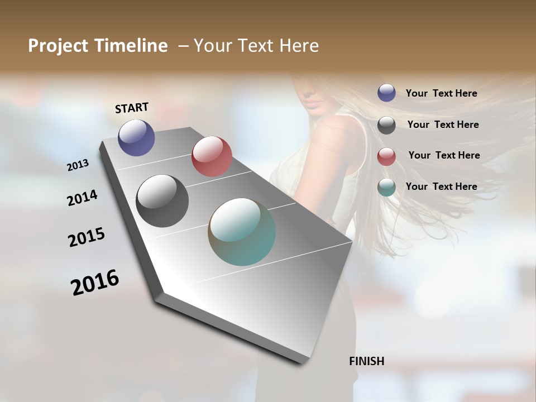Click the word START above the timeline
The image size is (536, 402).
tap(132, 108)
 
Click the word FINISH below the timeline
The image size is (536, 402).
tap(366, 361)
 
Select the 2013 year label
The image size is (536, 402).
tap(78, 165)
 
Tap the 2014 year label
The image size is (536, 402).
tap(82, 198)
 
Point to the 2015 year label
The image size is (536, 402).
tap(87, 237)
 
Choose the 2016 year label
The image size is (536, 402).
tap(95, 282)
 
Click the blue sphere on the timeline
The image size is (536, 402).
tap(136, 137)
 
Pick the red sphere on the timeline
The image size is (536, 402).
tap(212, 156)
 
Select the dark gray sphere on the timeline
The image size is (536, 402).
tap(162, 201)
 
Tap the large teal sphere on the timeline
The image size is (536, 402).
tap(242, 232)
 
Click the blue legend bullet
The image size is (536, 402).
tap(386, 93)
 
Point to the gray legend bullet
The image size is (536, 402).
tap(386, 125)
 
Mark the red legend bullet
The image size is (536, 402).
tap(386, 156)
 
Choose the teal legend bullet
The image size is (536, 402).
tap(386, 187)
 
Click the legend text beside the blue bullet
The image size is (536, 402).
tap(441, 93)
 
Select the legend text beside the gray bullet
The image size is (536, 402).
tap(443, 125)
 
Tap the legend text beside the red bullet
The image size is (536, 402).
tap(444, 155)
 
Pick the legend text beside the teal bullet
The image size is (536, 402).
tap(441, 186)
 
